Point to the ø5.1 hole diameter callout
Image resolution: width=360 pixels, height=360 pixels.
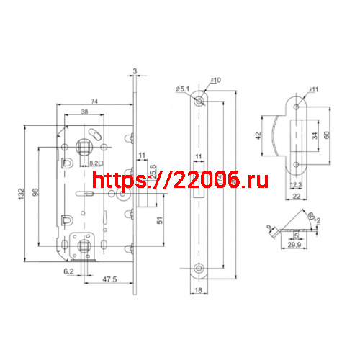[x=181, y=89]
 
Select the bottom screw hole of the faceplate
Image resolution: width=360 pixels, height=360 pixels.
[x=199, y=271]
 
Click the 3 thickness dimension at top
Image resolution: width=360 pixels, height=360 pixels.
[x=134, y=71]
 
